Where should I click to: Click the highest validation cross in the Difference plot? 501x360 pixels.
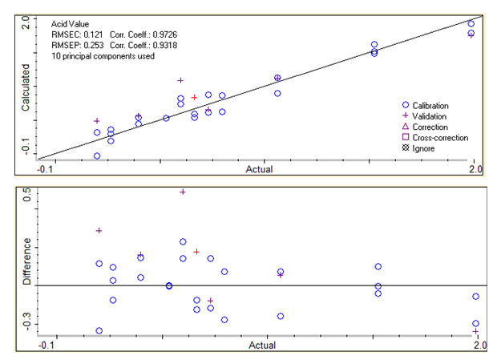(x=183, y=192)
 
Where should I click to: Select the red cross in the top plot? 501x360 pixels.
(x=194, y=97)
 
